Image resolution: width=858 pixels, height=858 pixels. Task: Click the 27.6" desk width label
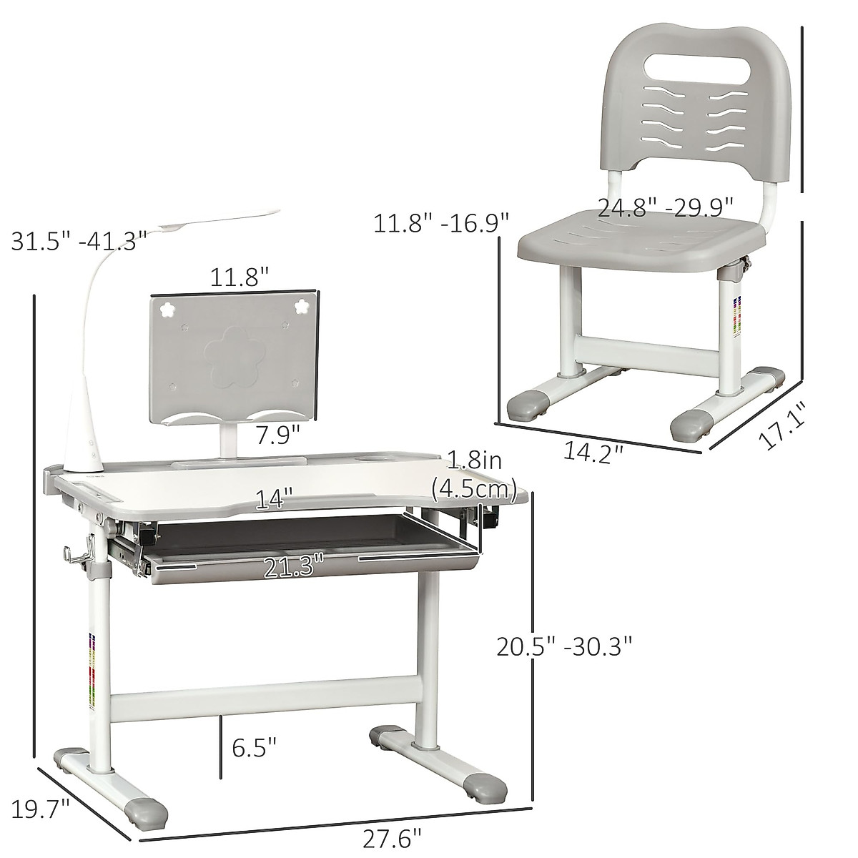click(x=393, y=836)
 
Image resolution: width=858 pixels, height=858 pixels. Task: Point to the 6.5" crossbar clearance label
click(x=253, y=748)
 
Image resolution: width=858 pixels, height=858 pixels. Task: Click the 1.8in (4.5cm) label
click(x=474, y=475)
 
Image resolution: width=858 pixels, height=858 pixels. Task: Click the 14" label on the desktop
click(x=277, y=499)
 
